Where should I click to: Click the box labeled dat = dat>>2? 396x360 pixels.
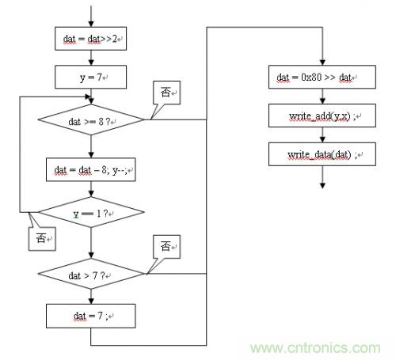90,39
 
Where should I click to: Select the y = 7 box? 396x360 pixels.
90,77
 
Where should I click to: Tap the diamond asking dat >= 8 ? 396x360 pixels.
91,119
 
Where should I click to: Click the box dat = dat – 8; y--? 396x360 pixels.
91,169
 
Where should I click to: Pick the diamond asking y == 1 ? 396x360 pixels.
91,212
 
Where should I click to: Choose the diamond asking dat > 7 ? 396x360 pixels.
91,274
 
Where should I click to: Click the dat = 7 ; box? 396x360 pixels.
91,316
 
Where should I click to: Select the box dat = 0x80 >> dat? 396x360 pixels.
322,77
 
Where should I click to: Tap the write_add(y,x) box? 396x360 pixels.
322,116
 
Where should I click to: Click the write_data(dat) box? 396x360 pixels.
322,154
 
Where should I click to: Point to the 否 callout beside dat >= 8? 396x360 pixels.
167,93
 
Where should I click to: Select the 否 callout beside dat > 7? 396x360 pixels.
167,247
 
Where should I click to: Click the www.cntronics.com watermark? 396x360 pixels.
315,348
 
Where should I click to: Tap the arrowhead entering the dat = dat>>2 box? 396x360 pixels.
91,24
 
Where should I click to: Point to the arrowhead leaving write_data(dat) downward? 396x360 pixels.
322,186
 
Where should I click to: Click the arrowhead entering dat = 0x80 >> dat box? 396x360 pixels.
322,63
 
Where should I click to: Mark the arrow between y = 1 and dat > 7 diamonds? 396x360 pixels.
91,243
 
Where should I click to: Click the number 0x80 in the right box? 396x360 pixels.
311,77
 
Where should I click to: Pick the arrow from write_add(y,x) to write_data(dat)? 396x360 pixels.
322,135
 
